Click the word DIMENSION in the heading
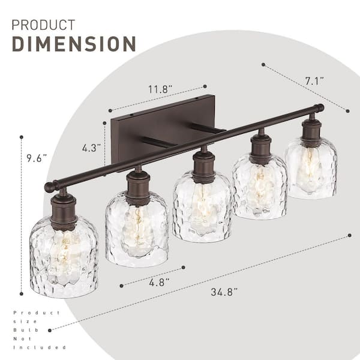tap(74, 44)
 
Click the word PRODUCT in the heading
tap(43, 25)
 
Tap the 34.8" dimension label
tap(224, 292)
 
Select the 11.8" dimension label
tap(160, 89)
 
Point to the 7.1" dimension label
tap(314, 81)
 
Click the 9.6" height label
tap(37, 158)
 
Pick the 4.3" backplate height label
tap(91, 148)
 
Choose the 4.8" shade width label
tap(159, 282)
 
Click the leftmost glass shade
tap(64, 257)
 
